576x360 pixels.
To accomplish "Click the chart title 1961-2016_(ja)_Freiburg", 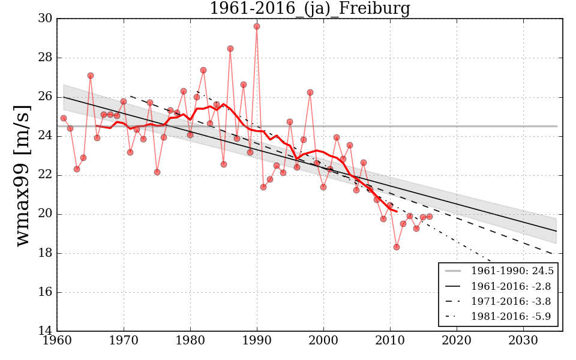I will (310, 9).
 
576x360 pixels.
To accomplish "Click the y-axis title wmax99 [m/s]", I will (22, 175).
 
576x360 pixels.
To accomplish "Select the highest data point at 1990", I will (257, 26).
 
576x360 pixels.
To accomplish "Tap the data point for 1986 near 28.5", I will (230, 49).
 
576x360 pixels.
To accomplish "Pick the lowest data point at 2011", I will (397, 247).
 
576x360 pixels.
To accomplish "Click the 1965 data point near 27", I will (91, 76).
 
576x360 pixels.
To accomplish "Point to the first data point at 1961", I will (64, 118).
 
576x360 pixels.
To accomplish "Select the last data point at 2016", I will (430, 217).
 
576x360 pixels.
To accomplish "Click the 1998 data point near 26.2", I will (310, 92).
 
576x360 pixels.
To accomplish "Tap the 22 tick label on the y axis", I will (45, 175).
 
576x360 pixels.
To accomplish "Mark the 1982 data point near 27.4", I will (203, 70).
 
